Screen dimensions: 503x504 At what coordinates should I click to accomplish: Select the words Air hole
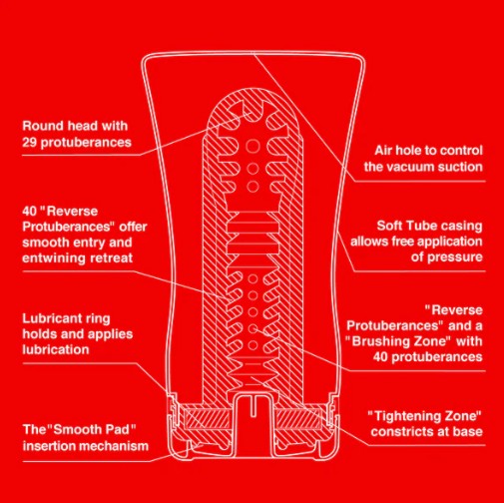393,148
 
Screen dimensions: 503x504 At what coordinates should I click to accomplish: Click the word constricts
402,431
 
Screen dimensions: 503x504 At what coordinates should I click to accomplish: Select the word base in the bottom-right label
467,431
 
